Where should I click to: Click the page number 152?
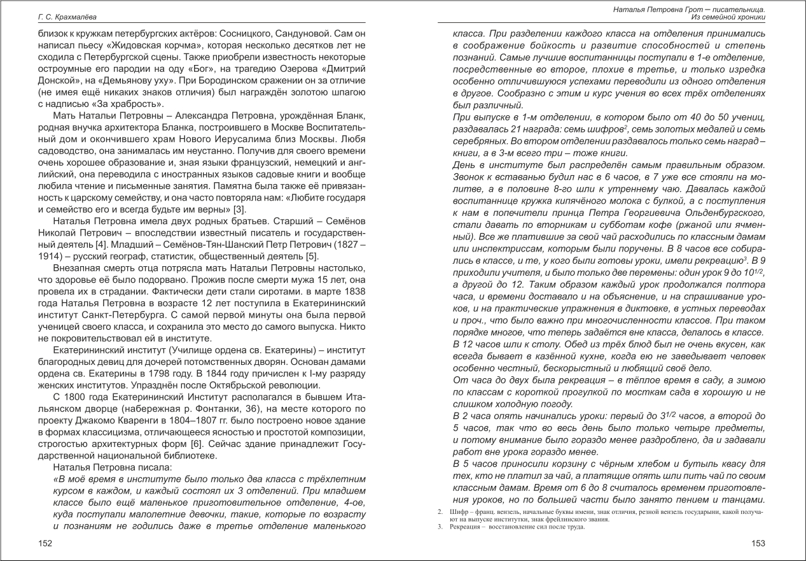click(x=45, y=543)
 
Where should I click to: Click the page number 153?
click(x=758, y=543)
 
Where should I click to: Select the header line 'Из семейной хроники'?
click(x=728, y=17)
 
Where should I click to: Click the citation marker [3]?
click(x=239, y=209)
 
